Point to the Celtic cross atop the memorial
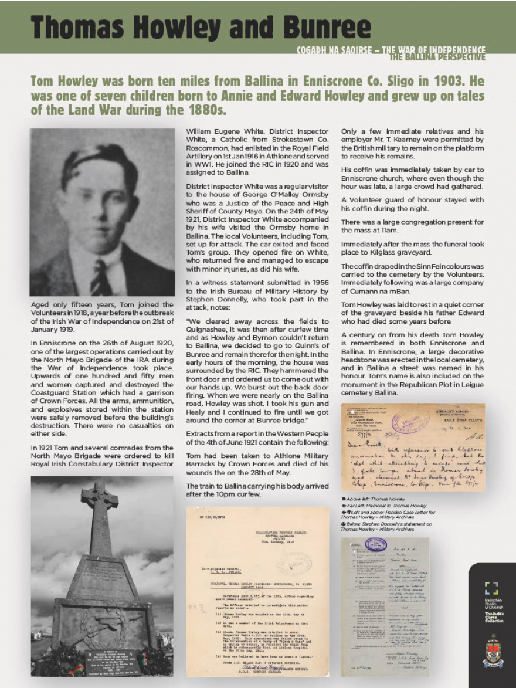click(x=100, y=504)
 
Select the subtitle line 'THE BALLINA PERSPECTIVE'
click(x=437, y=57)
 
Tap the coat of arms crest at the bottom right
click(x=493, y=651)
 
